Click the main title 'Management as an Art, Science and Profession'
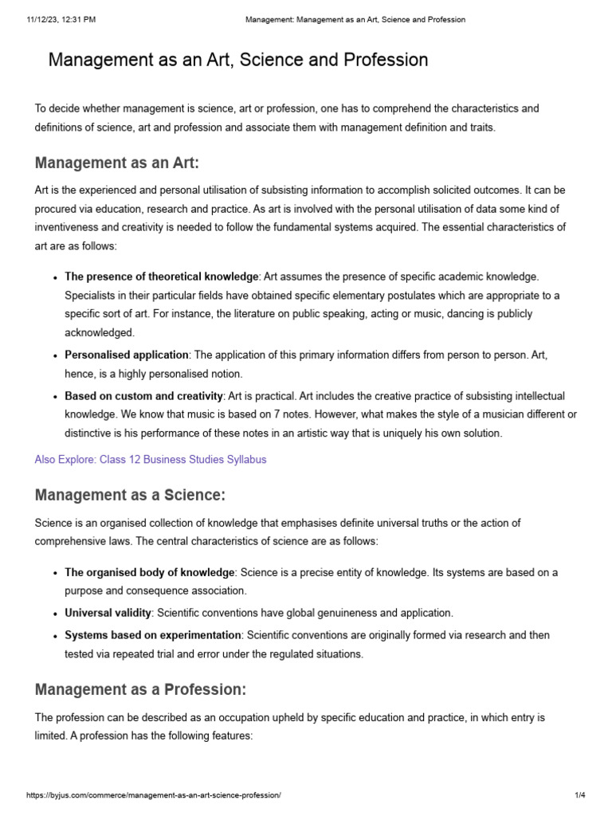[238, 60]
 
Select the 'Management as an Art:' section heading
[116, 163]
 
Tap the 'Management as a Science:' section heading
[130, 495]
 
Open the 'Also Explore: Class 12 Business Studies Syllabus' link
[151, 459]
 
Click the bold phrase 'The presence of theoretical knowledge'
[162, 277]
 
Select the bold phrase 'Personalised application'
[127, 354]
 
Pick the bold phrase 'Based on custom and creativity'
[144, 396]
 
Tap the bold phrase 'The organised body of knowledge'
[150, 572]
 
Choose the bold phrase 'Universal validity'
[108, 613]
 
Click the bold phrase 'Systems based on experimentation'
[153, 635]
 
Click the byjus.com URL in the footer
[154, 795]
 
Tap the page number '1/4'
[580, 795]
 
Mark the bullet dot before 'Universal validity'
[54, 614]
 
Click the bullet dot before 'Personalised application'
[54, 355]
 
